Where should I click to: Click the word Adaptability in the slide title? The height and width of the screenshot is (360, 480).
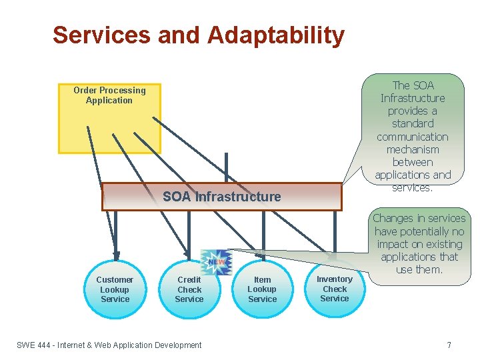pos(276,35)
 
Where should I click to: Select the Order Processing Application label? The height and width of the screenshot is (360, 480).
pos(109,95)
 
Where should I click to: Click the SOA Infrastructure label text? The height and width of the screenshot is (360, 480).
pos(221,197)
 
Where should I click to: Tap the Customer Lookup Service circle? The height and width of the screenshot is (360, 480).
pos(115,289)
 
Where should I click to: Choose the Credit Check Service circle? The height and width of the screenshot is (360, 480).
pos(189,289)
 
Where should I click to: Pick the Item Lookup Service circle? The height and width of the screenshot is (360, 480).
pos(262,289)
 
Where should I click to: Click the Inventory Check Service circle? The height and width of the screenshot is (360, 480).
pos(335,289)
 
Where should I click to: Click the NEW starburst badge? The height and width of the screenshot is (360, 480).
pos(215,262)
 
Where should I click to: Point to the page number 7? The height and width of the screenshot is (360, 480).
pos(449,345)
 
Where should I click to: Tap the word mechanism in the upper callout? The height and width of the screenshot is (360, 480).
pos(413,149)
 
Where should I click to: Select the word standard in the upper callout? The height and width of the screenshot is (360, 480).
pos(413,124)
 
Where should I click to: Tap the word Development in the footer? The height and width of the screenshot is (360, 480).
pos(177,345)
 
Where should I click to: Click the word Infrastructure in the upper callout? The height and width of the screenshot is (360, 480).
pos(413,98)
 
